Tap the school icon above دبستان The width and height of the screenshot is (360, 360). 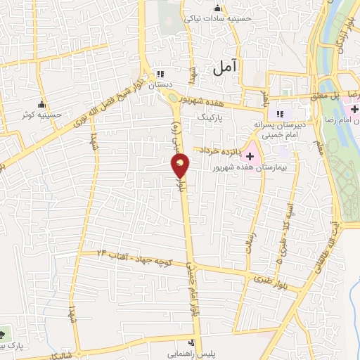(x=160, y=74)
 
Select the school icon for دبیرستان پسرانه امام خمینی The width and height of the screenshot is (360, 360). (x=280, y=114)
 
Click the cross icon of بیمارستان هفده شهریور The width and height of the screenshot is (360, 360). (x=250, y=155)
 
